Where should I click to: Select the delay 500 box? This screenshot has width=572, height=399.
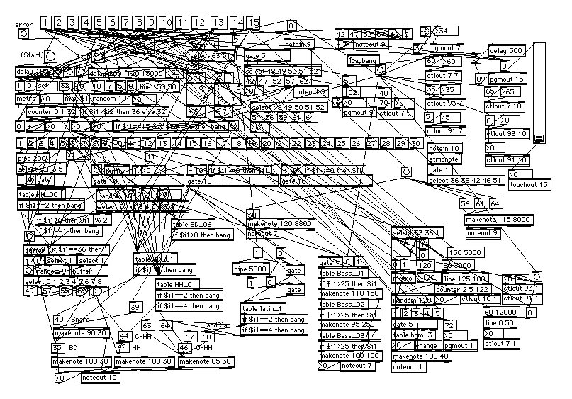506,51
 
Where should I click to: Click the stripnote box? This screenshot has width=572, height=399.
443,159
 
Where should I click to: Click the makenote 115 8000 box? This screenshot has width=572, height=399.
498,220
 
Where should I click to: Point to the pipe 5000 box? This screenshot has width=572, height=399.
250,269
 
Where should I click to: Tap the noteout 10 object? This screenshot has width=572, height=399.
99,378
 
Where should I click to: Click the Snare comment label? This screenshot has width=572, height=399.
80,320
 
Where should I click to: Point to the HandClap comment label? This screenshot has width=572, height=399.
216,325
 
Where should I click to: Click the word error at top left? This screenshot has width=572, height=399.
24,25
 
